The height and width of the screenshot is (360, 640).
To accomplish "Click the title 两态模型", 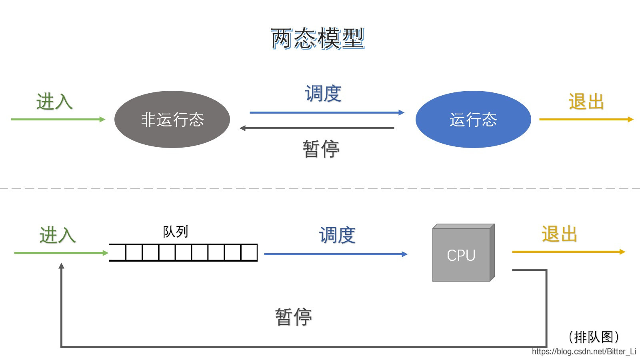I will pyautogui.click(x=318, y=39).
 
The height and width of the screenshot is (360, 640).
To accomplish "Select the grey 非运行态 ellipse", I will pyautogui.click(x=172, y=119).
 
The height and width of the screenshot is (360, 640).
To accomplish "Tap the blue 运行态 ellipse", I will pyautogui.click(x=473, y=119).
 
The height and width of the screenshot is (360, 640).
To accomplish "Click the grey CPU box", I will pyautogui.click(x=462, y=254).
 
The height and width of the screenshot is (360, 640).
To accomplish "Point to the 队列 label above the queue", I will pyautogui.click(x=175, y=232).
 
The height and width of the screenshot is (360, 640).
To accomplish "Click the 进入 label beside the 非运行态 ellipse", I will pyautogui.click(x=54, y=101).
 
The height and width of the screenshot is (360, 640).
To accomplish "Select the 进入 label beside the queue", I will pyautogui.click(x=58, y=235).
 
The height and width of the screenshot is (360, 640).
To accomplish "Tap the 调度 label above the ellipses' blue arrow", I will pyautogui.click(x=323, y=94).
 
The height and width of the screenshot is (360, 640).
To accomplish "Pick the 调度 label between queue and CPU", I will pyautogui.click(x=337, y=235).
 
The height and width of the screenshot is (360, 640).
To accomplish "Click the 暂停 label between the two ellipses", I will pyautogui.click(x=321, y=149).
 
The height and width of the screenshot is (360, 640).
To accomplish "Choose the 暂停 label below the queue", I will pyautogui.click(x=293, y=317).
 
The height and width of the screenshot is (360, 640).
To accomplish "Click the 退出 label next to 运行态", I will pyautogui.click(x=586, y=102).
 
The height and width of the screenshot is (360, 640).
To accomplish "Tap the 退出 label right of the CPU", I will pyautogui.click(x=559, y=234).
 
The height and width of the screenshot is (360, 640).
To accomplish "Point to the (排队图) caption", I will pyautogui.click(x=594, y=337).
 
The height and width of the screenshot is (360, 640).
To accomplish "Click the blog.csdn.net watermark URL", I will pyautogui.click(x=584, y=352).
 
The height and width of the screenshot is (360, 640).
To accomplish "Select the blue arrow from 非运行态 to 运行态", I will pyautogui.click(x=326, y=113).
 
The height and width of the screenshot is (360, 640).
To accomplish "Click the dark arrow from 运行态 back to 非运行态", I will pyautogui.click(x=317, y=128).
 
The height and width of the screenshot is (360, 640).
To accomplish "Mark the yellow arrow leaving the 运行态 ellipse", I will pyautogui.click(x=586, y=119).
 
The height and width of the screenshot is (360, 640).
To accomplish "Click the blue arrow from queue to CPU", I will pyautogui.click(x=335, y=254).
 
